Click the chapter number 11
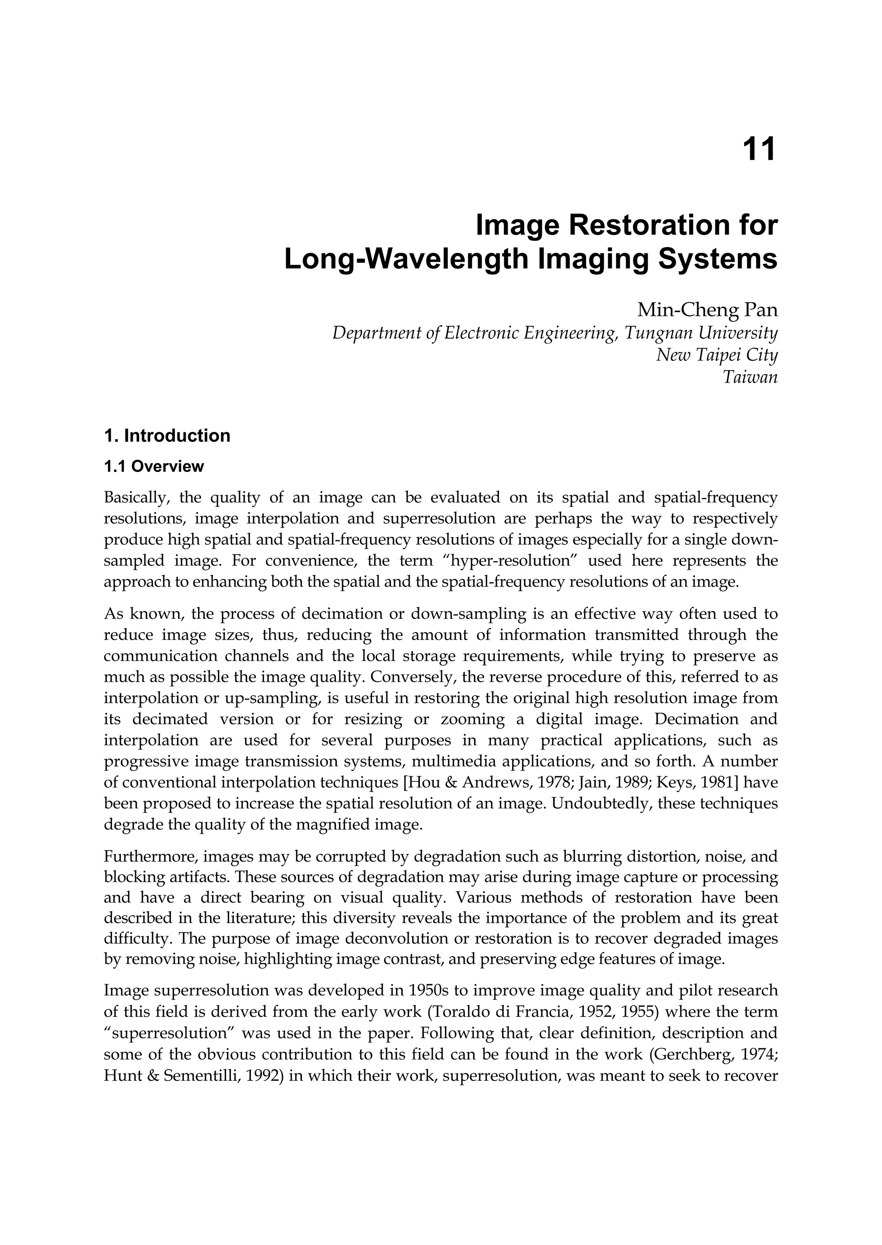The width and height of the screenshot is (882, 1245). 759,149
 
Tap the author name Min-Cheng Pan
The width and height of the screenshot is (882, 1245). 707,310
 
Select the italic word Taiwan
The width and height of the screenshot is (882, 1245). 750,377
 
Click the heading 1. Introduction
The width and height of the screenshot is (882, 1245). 167,436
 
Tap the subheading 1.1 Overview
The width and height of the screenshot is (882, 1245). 154,466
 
